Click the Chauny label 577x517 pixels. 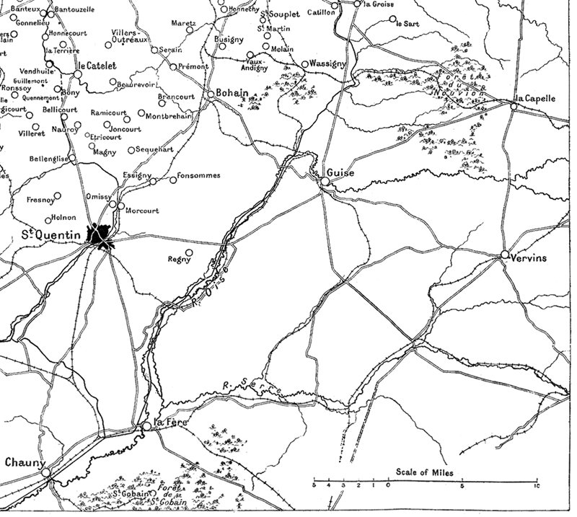tap(25, 463)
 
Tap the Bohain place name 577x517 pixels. tap(232, 94)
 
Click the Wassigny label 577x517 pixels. tap(329, 63)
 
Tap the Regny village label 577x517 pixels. tap(177, 260)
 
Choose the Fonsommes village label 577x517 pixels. tap(199, 177)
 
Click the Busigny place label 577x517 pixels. tap(229, 42)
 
